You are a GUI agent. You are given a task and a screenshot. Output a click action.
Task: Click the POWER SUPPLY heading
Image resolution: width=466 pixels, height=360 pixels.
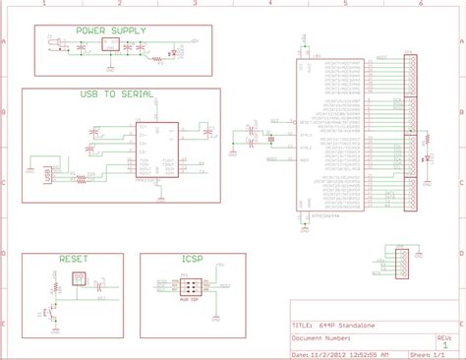coord(111,31)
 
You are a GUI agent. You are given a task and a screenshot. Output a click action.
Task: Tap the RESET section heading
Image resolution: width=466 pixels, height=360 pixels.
coord(73,258)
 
